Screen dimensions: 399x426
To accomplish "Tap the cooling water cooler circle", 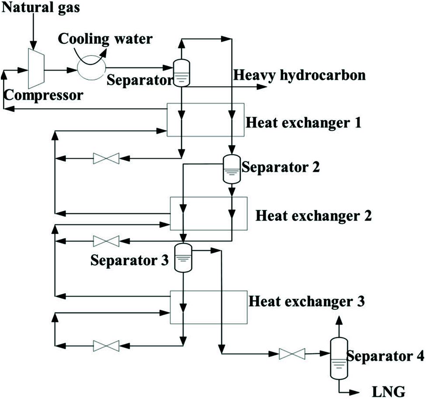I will (x=91, y=68).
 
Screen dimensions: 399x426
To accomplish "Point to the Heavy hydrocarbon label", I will (x=299, y=75).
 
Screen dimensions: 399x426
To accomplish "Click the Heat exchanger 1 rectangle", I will (x=205, y=119).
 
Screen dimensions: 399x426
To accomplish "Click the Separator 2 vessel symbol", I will (x=232, y=168).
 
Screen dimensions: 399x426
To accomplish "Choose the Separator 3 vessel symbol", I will (x=183, y=257).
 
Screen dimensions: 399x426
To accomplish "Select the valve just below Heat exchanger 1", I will (x=106, y=158).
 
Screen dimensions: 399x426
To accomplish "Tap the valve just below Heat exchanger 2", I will (x=106, y=240).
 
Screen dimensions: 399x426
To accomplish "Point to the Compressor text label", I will (x=42, y=95).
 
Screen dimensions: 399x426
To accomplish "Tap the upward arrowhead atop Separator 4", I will (x=337, y=320).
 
